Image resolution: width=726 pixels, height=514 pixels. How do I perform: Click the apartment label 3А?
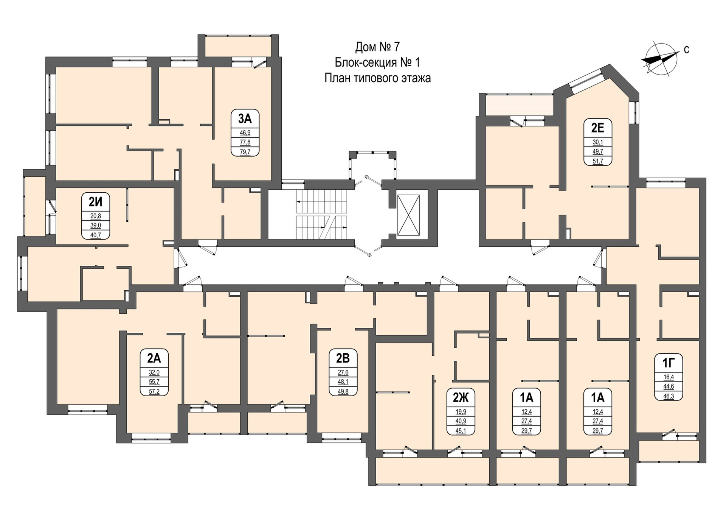pyautogui.click(x=245, y=119)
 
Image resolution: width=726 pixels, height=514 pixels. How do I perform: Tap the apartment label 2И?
pyautogui.click(x=96, y=202)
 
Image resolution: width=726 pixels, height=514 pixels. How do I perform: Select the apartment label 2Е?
pyautogui.click(x=597, y=128)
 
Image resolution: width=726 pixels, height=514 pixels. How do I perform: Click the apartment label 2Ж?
pyautogui.click(x=461, y=397)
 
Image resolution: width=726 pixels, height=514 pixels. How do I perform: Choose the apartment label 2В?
pyautogui.click(x=343, y=358)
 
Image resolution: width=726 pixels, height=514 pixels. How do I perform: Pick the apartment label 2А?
pyautogui.click(x=154, y=358)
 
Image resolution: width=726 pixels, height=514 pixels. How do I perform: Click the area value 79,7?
pyautogui.click(x=245, y=152)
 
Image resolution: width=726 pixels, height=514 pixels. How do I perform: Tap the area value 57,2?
pyautogui.click(x=154, y=391)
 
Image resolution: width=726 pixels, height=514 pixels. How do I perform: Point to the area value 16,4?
pyautogui.click(x=669, y=377)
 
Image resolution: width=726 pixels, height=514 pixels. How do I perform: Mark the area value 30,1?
pyautogui.click(x=597, y=142)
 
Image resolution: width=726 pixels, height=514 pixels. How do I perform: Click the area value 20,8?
pyautogui.click(x=96, y=216)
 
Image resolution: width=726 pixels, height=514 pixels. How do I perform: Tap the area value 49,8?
pyautogui.click(x=343, y=391)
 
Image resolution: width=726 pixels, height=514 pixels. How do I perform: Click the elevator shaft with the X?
pyautogui.click(x=408, y=215)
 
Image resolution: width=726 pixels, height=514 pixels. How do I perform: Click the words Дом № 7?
pyautogui.click(x=377, y=47)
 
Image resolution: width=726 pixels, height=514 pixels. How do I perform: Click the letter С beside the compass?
pyautogui.click(x=687, y=50)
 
